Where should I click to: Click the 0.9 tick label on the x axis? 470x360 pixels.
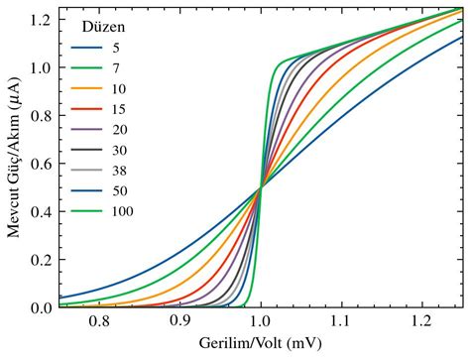[x=179, y=322]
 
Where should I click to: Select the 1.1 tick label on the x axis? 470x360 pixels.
[x=341, y=322]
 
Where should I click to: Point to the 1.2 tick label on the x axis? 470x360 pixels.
[x=421, y=322]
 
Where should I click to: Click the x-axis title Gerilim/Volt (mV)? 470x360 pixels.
[x=260, y=345]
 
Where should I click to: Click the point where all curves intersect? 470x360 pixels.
[x=260, y=187]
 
